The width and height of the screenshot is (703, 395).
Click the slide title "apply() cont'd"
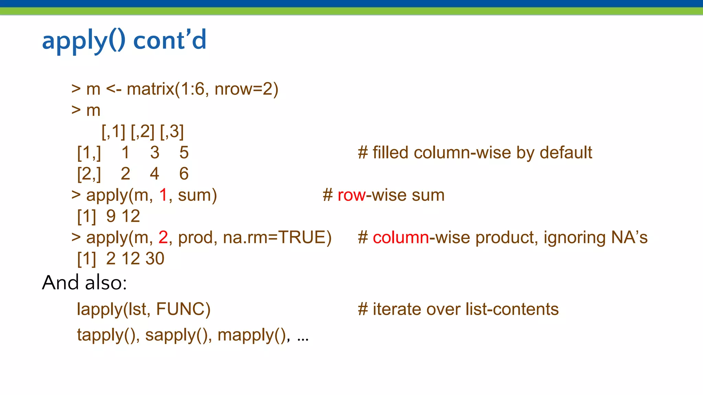(124, 40)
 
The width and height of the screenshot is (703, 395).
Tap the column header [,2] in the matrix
(142, 132)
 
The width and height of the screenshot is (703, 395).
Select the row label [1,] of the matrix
(89, 153)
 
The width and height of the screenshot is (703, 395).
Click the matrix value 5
(184, 153)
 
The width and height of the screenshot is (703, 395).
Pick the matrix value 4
(154, 174)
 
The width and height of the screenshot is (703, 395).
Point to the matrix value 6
(184, 174)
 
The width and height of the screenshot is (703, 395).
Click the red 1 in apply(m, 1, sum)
(163, 195)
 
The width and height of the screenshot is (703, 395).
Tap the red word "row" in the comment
(351, 195)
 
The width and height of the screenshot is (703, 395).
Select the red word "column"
(401, 238)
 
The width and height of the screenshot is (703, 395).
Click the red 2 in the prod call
(163, 238)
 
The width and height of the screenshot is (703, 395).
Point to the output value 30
(155, 259)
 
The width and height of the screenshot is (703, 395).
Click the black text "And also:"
(84, 283)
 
